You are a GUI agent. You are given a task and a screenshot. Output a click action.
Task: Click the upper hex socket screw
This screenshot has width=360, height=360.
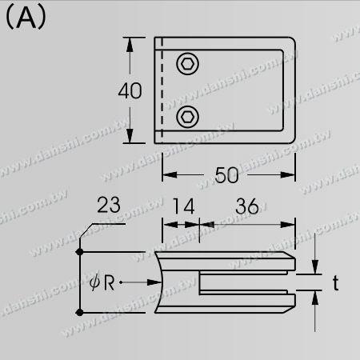(x=189, y=63)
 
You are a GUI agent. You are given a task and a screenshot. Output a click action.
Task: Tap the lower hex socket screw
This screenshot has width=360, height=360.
(x=189, y=117)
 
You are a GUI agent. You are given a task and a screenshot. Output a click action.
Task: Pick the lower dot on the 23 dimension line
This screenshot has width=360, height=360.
(x=79, y=311)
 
